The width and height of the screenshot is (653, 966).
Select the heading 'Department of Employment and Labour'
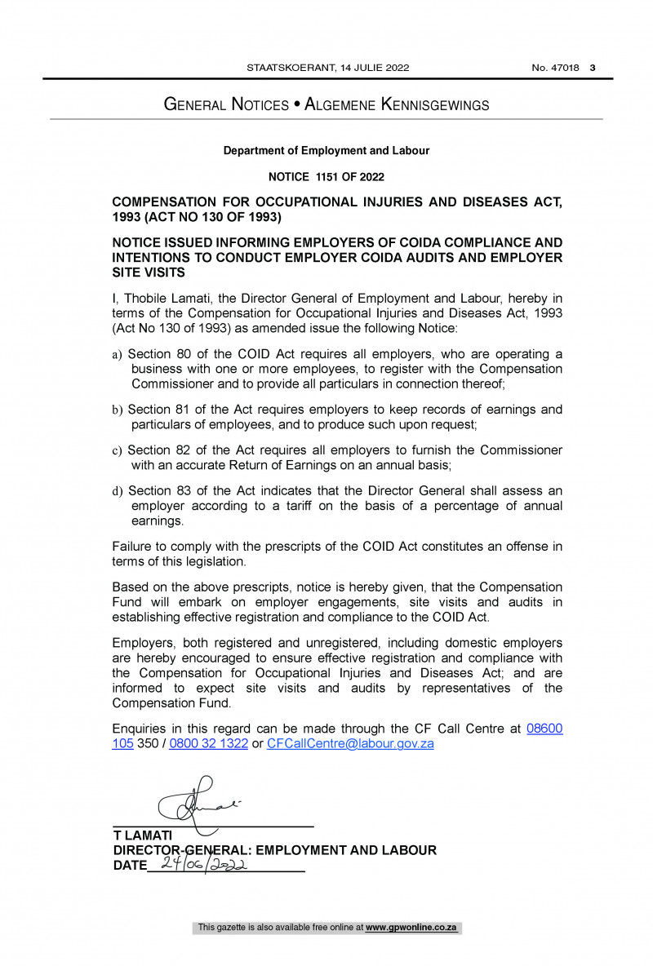click(x=326, y=151)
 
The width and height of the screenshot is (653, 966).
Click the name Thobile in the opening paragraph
click(x=144, y=299)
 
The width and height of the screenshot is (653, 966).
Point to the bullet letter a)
click(x=117, y=355)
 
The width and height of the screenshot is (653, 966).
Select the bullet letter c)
click(x=117, y=450)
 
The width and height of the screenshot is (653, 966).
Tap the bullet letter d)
click(x=117, y=491)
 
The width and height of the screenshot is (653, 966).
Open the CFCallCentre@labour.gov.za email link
click(x=350, y=744)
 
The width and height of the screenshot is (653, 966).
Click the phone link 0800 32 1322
click(x=208, y=744)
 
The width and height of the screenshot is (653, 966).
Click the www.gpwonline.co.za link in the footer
click(x=411, y=928)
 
